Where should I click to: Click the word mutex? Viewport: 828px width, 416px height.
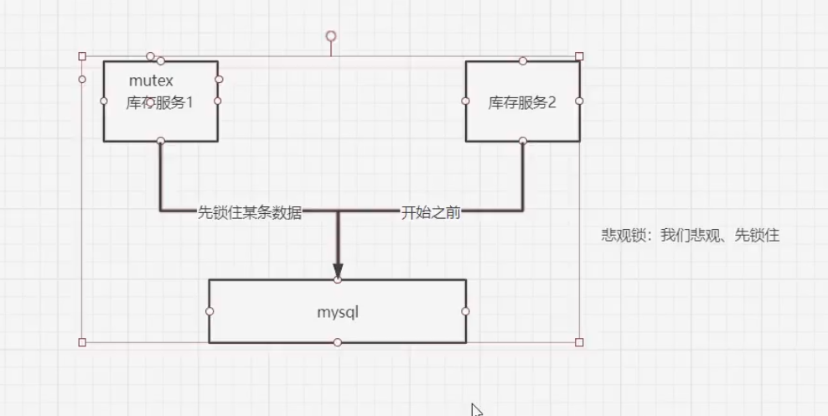(151, 81)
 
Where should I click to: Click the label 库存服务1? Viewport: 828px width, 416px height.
(159, 103)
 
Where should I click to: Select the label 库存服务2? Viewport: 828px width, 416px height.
(522, 103)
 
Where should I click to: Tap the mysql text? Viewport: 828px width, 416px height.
(337, 311)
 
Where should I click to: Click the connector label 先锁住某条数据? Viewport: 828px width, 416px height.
(249, 212)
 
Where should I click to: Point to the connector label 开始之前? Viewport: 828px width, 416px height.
(431, 212)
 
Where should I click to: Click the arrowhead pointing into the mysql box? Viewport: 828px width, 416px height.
(338, 270)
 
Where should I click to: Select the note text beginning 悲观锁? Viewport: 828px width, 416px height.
(690, 235)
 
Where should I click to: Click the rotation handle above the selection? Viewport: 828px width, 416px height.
(331, 36)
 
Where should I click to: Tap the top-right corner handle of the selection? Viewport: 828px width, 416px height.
(579, 56)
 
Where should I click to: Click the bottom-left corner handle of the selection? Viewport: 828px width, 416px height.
(82, 342)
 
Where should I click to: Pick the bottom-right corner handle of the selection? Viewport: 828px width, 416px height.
(579, 342)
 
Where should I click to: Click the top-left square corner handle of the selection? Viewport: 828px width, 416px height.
(82, 56)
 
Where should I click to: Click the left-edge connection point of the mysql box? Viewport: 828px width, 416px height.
(210, 311)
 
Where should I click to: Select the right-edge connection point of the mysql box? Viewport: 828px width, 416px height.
(465, 311)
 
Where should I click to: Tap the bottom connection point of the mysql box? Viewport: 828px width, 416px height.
(337, 342)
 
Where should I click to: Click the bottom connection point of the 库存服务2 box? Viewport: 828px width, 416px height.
(523, 141)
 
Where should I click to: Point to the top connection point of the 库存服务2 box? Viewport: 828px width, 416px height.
(523, 60)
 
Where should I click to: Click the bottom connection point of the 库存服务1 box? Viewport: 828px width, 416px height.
(160, 141)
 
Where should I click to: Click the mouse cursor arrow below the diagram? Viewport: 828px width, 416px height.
(476, 409)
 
